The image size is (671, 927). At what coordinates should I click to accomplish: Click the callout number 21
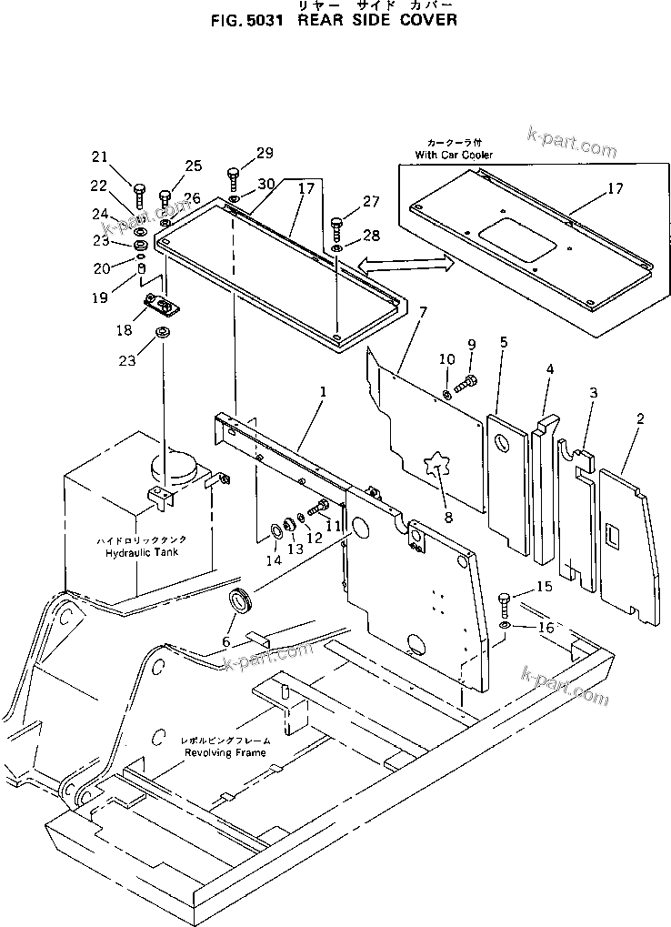[x=98, y=156]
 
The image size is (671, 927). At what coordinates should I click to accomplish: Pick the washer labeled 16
[x=506, y=628]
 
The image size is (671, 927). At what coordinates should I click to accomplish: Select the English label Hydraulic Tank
[x=142, y=552]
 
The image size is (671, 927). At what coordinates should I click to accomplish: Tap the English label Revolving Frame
[x=225, y=753]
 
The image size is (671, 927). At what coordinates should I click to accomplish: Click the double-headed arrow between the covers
[x=406, y=265]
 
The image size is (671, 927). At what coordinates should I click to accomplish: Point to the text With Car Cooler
[x=454, y=156]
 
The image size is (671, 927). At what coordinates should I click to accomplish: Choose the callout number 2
[x=640, y=419]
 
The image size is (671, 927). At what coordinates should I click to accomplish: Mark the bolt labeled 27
[x=336, y=221]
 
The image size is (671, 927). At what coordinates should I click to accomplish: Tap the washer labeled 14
[x=275, y=530]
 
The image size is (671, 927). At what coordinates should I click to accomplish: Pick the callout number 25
[x=193, y=166]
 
